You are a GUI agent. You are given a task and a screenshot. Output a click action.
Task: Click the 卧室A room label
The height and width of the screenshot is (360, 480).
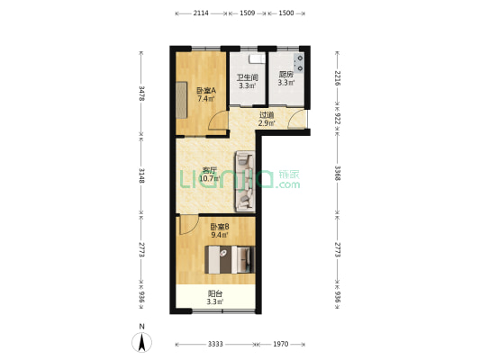[x=205, y=90]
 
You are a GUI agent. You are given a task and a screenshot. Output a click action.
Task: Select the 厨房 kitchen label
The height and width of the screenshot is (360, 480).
[x=286, y=76]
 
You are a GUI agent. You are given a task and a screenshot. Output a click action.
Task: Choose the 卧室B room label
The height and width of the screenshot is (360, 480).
[x=219, y=226]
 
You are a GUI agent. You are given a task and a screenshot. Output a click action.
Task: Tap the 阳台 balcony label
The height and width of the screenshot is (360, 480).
[x=215, y=293]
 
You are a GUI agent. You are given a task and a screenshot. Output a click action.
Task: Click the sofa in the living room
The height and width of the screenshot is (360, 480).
[x=244, y=180]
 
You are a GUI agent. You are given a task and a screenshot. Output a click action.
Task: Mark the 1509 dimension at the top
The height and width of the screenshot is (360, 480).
[x=248, y=13]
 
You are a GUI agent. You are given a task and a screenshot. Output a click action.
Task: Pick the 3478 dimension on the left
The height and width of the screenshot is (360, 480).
[x=141, y=92]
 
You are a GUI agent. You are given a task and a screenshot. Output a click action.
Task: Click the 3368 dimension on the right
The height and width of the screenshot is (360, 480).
[x=337, y=174]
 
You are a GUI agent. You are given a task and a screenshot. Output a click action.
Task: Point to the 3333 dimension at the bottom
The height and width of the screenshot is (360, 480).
[x=214, y=345]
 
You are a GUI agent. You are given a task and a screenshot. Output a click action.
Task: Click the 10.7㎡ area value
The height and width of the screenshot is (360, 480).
[x=210, y=178]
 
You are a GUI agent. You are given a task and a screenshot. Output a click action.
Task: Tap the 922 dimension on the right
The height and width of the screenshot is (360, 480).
[x=337, y=118]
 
